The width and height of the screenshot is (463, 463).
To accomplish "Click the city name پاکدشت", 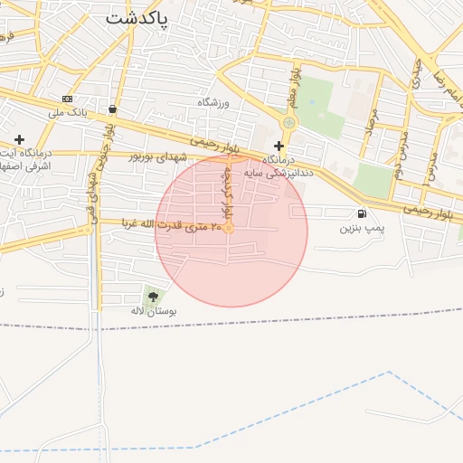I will [137, 18].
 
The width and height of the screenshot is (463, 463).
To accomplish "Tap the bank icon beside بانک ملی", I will [67, 99].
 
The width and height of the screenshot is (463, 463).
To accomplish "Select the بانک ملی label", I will [70, 113].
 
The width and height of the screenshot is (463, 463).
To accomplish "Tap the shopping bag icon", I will [111, 109].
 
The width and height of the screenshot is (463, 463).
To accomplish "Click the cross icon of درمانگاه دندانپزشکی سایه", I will [279, 145].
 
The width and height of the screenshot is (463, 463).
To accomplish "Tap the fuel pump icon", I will [362, 214].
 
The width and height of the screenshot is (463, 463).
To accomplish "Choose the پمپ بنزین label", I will [362, 229].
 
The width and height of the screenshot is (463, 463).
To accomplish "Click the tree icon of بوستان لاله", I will [152, 296].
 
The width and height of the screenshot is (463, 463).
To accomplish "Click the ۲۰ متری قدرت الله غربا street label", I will [190, 226].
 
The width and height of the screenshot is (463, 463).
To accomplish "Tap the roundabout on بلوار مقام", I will [288, 121].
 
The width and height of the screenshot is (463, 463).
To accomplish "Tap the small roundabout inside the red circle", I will [230, 229].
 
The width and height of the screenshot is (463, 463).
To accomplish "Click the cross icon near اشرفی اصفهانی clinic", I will [19, 139].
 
